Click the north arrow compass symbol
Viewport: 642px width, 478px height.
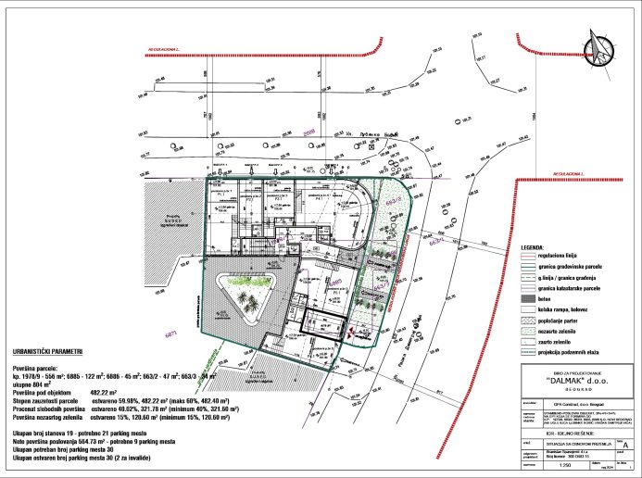coord(598,48)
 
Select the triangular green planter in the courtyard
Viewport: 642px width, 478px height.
coord(240,297)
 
